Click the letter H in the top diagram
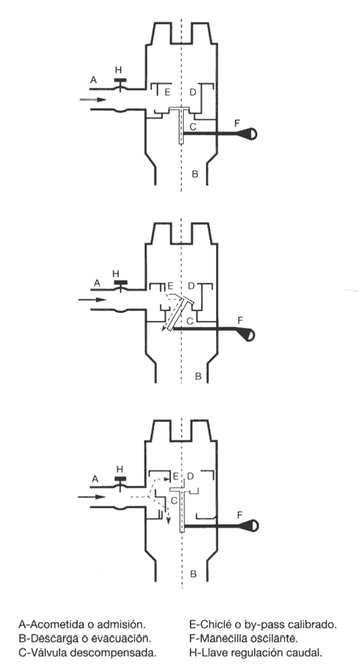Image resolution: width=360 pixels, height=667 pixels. (x=118, y=71)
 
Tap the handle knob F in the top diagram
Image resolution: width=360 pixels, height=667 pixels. (x=250, y=134)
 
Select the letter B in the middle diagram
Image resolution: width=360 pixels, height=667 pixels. (x=198, y=376)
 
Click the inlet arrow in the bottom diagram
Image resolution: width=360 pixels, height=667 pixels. (x=91, y=497)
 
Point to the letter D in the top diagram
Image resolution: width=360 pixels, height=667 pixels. (x=193, y=92)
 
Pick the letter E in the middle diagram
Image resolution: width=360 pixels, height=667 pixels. (x=170, y=285)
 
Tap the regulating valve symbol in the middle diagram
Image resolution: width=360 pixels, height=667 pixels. (x=120, y=285)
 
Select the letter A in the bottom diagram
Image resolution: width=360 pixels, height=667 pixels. (x=94, y=479)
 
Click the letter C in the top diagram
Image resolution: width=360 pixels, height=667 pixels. (x=193, y=126)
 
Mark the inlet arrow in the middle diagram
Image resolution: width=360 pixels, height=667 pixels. (x=91, y=299)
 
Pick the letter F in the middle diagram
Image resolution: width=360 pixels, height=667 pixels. (x=240, y=320)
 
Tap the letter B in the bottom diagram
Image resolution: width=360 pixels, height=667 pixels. (x=193, y=574)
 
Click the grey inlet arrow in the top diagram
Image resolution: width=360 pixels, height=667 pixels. (x=92, y=100)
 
